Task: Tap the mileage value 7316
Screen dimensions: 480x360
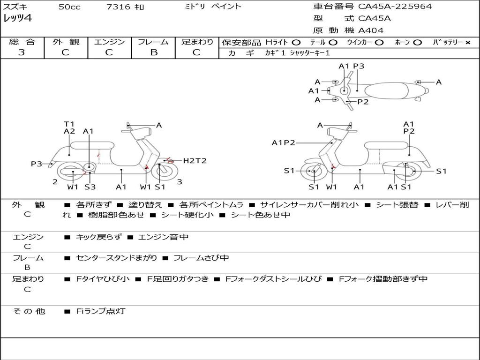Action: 115,7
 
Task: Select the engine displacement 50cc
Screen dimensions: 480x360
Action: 69,7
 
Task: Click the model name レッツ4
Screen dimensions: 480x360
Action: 17,19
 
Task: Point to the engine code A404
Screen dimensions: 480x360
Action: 371,30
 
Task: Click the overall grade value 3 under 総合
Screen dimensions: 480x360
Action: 22,52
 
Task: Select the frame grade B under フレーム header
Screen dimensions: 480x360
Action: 153,52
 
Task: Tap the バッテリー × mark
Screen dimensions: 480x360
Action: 467,43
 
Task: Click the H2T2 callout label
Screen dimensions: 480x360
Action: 195,161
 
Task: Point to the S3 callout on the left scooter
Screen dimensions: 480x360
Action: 90,187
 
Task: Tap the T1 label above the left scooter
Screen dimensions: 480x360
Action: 69,124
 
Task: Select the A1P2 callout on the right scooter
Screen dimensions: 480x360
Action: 283,143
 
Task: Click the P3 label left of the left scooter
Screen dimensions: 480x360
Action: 37,164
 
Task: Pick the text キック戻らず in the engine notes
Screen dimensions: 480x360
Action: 98,237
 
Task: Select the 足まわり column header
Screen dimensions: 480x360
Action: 197,42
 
